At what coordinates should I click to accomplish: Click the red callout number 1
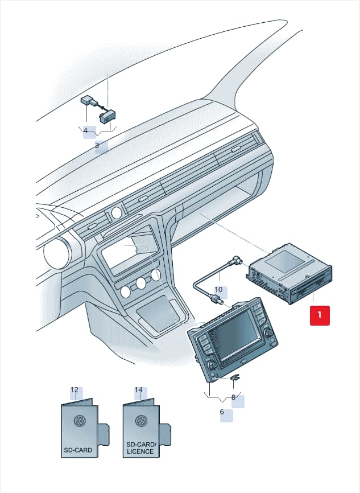[320, 315]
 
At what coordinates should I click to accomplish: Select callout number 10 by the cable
[218, 290]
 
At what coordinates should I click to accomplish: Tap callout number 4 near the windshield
[85, 130]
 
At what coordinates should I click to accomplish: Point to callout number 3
[97, 146]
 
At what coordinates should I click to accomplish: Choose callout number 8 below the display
[233, 397]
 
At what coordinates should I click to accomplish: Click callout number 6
[222, 412]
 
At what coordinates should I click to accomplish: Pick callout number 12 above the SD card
[75, 390]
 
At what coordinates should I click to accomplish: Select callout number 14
[139, 390]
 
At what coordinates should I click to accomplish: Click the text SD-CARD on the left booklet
[78, 450]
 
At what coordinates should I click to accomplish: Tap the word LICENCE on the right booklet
[140, 451]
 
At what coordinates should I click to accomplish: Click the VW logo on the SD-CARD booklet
[80, 421]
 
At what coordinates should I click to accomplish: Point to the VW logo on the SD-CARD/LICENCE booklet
[142, 421]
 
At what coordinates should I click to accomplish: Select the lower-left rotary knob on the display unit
[211, 365]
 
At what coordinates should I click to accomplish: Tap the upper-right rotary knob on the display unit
[268, 332]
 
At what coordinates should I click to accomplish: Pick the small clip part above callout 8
[235, 377]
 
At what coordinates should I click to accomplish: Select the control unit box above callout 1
[289, 273]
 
